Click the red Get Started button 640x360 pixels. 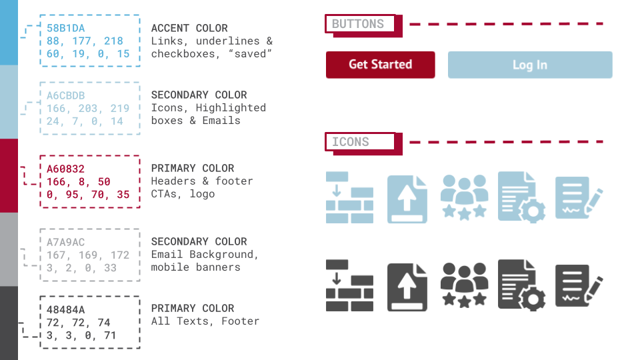(x=380, y=65)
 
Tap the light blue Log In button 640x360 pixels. (x=530, y=65)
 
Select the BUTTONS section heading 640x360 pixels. (x=358, y=24)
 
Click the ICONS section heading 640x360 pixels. (x=351, y=141)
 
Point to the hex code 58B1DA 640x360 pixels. (x=65, y=28)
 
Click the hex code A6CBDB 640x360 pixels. (x=65, y=95)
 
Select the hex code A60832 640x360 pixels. (x=65, y=169)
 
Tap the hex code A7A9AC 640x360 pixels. (x=65, y=242)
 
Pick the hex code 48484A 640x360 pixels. (x=65, y=309)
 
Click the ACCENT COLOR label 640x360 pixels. (x=189, y=28)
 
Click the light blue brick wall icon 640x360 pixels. (x=349, y=197)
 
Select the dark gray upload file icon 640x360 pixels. (x=407, y=287)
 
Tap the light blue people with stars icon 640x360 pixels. (x=464, y=198)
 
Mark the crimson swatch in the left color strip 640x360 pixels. (x=9, y=175)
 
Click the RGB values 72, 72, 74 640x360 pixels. (x=78, y=321)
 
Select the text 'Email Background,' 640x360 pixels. (x=205, y=254)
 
